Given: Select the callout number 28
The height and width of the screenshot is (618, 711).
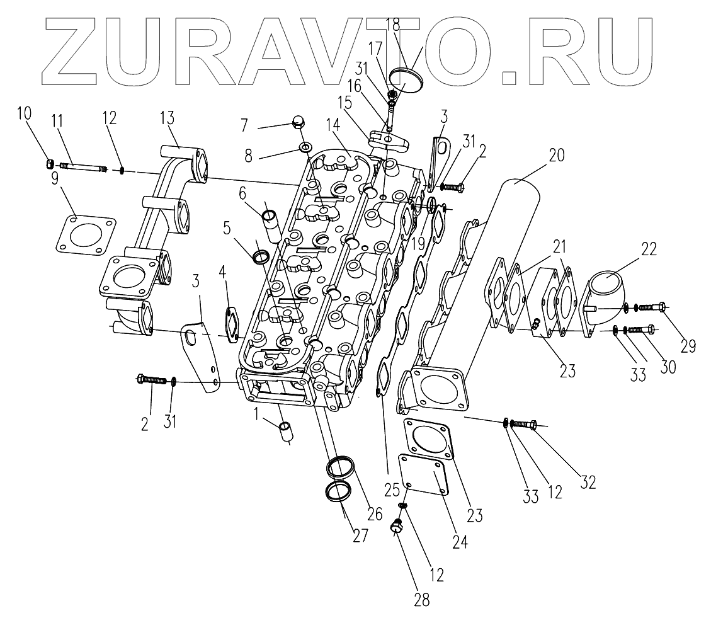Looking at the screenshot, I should (422, 598).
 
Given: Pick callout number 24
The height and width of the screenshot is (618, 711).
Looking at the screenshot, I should (461, 541).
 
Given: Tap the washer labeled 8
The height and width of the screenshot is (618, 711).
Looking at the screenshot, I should (305, 147).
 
